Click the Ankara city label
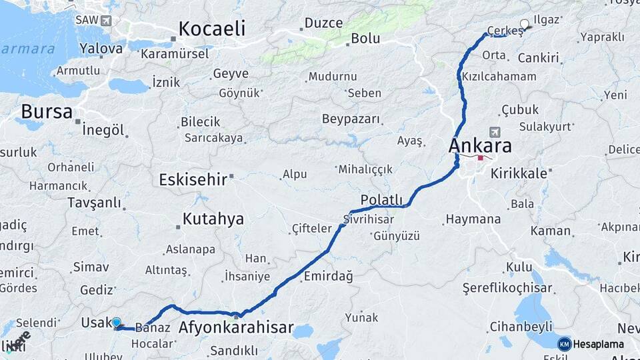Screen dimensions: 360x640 (x=480, y=145)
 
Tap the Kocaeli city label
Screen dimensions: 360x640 (x=212, y=29)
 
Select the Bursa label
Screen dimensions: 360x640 (x=46, y=111)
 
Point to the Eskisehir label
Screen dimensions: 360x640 (x=194, y=179)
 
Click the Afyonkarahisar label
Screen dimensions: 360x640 (x=236, y=327)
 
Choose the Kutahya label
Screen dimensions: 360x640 (x=213, y=219)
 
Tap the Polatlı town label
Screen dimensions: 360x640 (x=381, y=200)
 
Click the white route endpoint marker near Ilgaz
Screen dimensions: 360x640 (x=524, y=25)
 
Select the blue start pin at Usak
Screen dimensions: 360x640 (x=117, y=323)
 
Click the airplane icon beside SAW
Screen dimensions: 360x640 (x=106, y=21)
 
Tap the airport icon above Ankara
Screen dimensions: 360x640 (x=494, y=131)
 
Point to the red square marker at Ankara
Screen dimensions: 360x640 (x=480, y=159)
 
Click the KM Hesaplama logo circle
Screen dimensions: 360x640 (x=564, y=344)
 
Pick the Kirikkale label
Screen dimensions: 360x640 (x=519, y=173)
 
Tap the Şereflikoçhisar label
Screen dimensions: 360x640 (x=507, y=288)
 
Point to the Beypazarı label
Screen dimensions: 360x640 (x=351, y=119)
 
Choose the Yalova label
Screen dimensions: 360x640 (x=101, y=48)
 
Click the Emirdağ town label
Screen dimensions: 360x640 (x=328, y=275)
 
